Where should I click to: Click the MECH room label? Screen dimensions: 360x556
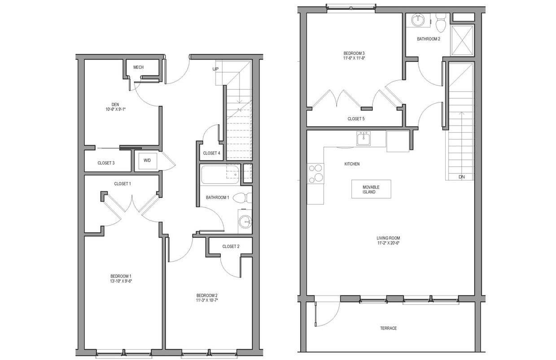[x=138, y=67]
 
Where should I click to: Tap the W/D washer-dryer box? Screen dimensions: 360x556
[x=147, y=161]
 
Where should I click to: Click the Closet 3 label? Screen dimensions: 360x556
[x=106, y=163]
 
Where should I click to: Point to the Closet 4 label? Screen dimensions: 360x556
[x=211, y=154]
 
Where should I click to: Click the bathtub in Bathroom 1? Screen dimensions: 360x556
[x=219, y=174]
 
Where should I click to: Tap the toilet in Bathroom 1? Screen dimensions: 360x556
[x=242, y=198]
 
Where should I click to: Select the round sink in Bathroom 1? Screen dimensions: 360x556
[x=245, y=221]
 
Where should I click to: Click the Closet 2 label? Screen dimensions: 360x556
[x=231, y=246]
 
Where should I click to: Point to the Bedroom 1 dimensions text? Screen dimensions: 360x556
[x=121, y=281]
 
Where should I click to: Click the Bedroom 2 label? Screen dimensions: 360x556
[x=206, y=295]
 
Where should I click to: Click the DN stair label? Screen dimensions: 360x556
[x=462, y=177]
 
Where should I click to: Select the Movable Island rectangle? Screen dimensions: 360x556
[x=371, y=189]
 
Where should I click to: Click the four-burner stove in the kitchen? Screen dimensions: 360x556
[x=315, y=173]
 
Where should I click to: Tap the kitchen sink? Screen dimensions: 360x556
[x=363, y=139]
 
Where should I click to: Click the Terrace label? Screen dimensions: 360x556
[x=388, y=328]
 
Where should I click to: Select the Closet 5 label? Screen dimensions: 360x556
[x=356, y=119]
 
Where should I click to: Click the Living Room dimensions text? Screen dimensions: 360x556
[x=388, y=243]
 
